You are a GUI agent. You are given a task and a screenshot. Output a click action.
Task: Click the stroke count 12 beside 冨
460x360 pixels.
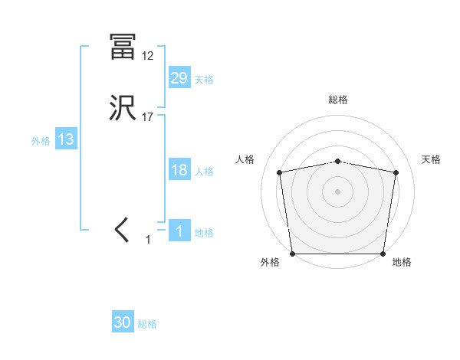(147, 56)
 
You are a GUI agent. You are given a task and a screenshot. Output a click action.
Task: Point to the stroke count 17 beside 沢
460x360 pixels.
(147, 117)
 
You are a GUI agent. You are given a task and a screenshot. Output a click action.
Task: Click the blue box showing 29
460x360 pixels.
(179, 78)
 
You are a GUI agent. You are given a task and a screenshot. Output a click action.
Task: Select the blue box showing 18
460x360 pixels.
(179, 170)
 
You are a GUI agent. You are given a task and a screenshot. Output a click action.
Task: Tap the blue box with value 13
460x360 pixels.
(66, 139)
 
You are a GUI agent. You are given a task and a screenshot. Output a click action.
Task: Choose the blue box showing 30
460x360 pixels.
(123, 322)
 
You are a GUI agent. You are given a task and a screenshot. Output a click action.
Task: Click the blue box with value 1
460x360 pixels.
(179, 231)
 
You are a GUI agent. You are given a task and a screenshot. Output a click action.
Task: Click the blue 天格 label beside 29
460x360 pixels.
(204, 80)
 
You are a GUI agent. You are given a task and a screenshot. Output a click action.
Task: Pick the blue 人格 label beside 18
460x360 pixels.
(204, 172)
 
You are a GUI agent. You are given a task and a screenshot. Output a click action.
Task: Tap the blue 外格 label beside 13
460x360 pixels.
(41, 141)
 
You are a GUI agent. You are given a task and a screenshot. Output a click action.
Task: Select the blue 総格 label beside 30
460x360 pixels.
(147, 324)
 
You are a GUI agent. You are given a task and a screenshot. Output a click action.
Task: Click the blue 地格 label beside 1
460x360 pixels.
(204, 233)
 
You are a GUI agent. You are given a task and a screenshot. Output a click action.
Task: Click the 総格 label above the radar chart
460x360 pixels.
(338, 100)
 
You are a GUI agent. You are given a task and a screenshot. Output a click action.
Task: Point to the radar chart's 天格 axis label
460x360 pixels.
(431, 159)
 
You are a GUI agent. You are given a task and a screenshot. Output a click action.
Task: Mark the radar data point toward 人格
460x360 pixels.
(280, 172)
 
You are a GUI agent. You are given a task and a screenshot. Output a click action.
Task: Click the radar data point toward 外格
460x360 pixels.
(292, 254)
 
